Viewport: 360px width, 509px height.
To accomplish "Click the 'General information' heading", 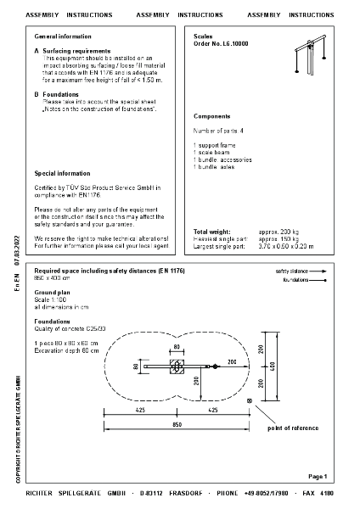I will point(64,37).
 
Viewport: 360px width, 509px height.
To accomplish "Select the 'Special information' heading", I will point(62,173).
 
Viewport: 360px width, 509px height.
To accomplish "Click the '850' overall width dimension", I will point(177,423).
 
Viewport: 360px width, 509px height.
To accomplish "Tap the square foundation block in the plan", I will point(177,366).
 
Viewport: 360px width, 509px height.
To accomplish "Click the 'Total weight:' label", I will point(213,232).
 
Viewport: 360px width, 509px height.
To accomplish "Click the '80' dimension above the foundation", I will point(177,347).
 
